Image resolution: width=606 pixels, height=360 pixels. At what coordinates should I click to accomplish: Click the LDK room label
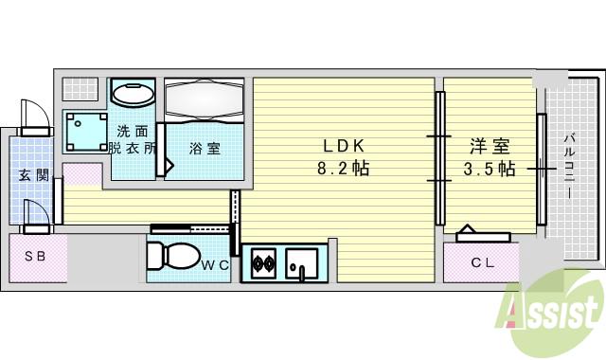coord(345,147)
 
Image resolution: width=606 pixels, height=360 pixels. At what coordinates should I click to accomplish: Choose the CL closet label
coord(483,262)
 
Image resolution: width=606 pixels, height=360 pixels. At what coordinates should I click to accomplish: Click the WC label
coord(214,264)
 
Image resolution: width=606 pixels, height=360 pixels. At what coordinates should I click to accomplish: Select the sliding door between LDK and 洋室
coord(439,158)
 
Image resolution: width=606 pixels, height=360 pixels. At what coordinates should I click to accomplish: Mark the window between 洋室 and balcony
coord(542,169)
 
